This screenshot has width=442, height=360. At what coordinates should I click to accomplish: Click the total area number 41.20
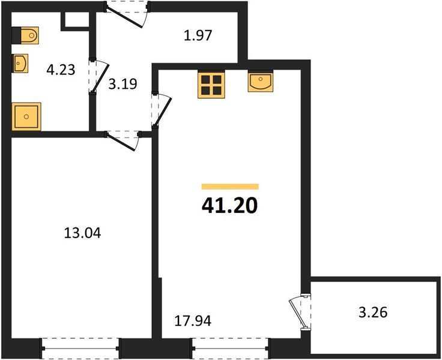(x=230, y=206)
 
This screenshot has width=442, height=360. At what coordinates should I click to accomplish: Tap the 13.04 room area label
(x=82, y=232)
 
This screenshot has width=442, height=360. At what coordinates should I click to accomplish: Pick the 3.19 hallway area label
(x=123, y=83)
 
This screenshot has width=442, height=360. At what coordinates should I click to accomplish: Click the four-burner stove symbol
(x=211, y=85)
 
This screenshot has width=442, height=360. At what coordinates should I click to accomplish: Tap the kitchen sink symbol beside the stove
(x=261, y=82)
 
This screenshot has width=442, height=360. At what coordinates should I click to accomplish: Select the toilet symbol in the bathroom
(x=25, y=35)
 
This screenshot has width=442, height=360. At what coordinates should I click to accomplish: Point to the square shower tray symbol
(x=26, y=116)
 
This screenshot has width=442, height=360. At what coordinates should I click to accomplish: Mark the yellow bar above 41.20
(x=230, y=187)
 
